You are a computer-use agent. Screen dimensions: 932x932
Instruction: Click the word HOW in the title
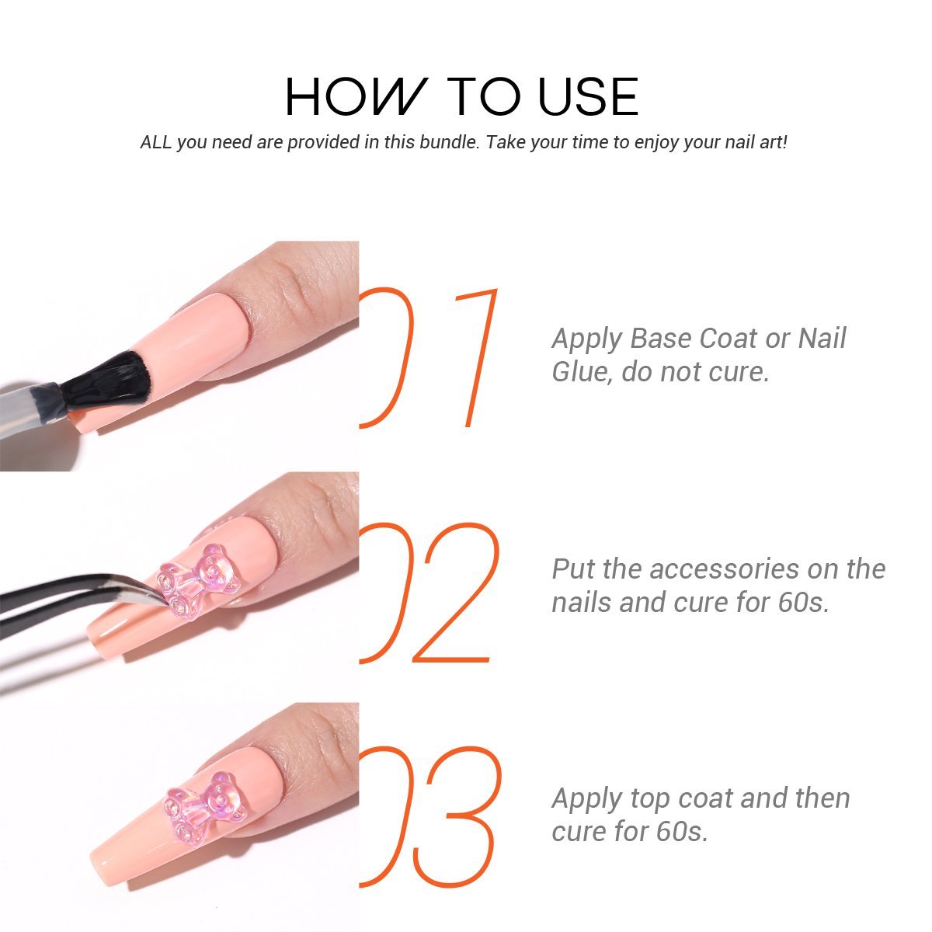[x=356, y=97]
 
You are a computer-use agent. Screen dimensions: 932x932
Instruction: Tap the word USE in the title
[x=588, y=97]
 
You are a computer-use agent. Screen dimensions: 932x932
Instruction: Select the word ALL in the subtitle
[x=156, y=142]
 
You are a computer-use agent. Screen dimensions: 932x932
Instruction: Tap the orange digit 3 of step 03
[x=457, y=817]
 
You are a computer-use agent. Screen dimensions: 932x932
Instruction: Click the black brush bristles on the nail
[x=104, y=380]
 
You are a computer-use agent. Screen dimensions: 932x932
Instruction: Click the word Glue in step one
[x=579, y=373]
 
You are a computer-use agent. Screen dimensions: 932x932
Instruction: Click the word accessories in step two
[x=724, y=570]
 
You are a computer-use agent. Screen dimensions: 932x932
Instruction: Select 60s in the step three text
[x=682, y=832]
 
